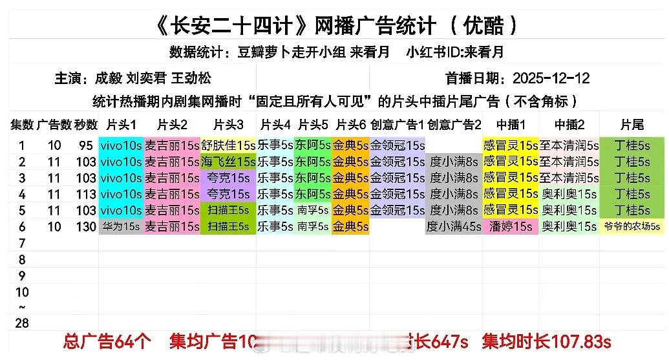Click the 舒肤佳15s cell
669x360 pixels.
pyautogui.click(x=228, y=145)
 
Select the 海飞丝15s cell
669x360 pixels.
pyautogui.click(x=228, y=162)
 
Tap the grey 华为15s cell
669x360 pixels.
pyautogui.click(x=121, y=226)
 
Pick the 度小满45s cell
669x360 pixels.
pyautogui.click(x=453, y=226)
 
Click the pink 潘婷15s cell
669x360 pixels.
pyautogui.click(x=510, y=226)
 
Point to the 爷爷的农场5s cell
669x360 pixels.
pyautogui.click(x=632, y=226)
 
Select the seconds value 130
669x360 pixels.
pyautogui.click(x=85, y=226)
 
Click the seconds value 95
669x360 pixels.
pyautogui.click(x=85, y=145)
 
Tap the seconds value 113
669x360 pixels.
pyautogui.click(x=85, y=194)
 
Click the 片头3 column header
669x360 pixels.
pyautogui.click(x=228, y=124)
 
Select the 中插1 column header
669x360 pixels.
pyautogui.click(x=510, y=124)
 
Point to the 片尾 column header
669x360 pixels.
pyautogui.click(x=632, y=124)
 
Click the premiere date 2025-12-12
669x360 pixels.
pyautogui.click(x=551, y=78)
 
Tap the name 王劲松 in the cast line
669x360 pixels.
pyautogui.click(x=192, y=78)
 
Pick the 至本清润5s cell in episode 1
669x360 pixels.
pyautogui.click(x=568, y=145)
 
